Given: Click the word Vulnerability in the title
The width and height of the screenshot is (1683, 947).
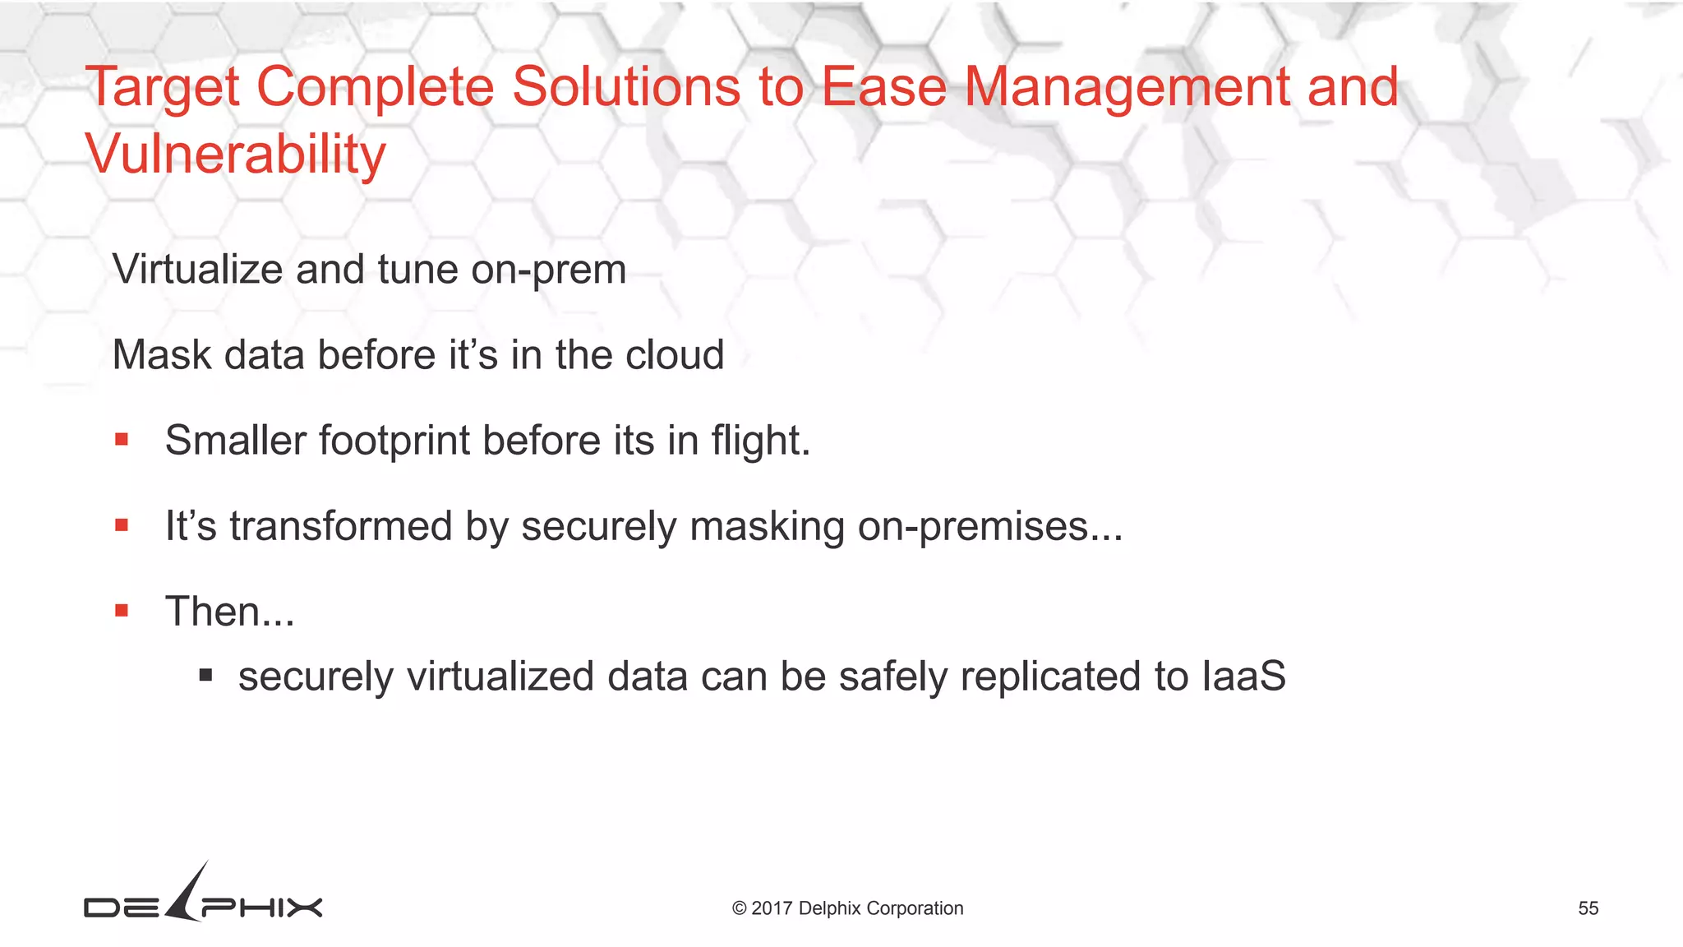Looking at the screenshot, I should tap(235, 155).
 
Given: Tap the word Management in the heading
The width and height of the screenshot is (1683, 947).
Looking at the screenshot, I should tap(1127, 87).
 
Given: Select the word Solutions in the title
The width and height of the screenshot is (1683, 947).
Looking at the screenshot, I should tap(626, 87).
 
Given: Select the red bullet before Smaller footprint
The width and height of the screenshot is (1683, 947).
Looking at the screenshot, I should tap(122, 440).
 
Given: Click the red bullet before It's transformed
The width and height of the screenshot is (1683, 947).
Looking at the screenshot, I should tap(122, 525).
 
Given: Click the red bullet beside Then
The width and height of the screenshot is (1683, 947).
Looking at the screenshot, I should tap(122, 611).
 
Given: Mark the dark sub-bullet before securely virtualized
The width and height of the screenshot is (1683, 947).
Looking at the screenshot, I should tap(205, 676).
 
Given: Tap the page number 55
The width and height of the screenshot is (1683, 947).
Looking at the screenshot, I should tap(1588, 908).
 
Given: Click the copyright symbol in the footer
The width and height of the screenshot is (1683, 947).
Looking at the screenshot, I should tap(739, 908).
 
